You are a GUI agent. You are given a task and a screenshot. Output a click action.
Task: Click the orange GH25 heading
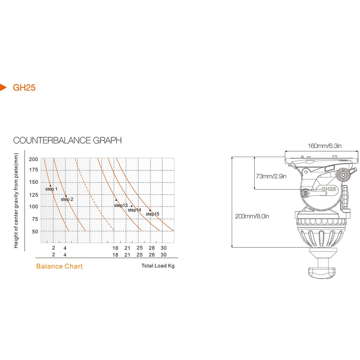[x=24, y=87]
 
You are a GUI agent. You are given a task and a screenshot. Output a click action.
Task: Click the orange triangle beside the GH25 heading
[x=3, y=87]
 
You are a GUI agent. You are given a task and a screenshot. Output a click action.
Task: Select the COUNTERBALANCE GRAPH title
[x=68, y=140]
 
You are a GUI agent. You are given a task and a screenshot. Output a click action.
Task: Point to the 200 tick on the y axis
[x=33, y=159]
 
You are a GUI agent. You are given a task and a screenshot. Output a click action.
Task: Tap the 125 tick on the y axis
[x=33, y=195]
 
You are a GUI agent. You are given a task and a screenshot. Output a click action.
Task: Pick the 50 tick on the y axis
[x=35, y=231]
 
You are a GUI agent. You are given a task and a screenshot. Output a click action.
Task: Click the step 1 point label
[x=51, y=189]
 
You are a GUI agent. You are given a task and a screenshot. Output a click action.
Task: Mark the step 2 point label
[x=67, y=199]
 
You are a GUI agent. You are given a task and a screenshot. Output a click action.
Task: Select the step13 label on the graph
[x=121, y=205]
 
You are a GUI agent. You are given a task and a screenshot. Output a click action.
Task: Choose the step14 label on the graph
[x=135, y=210]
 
